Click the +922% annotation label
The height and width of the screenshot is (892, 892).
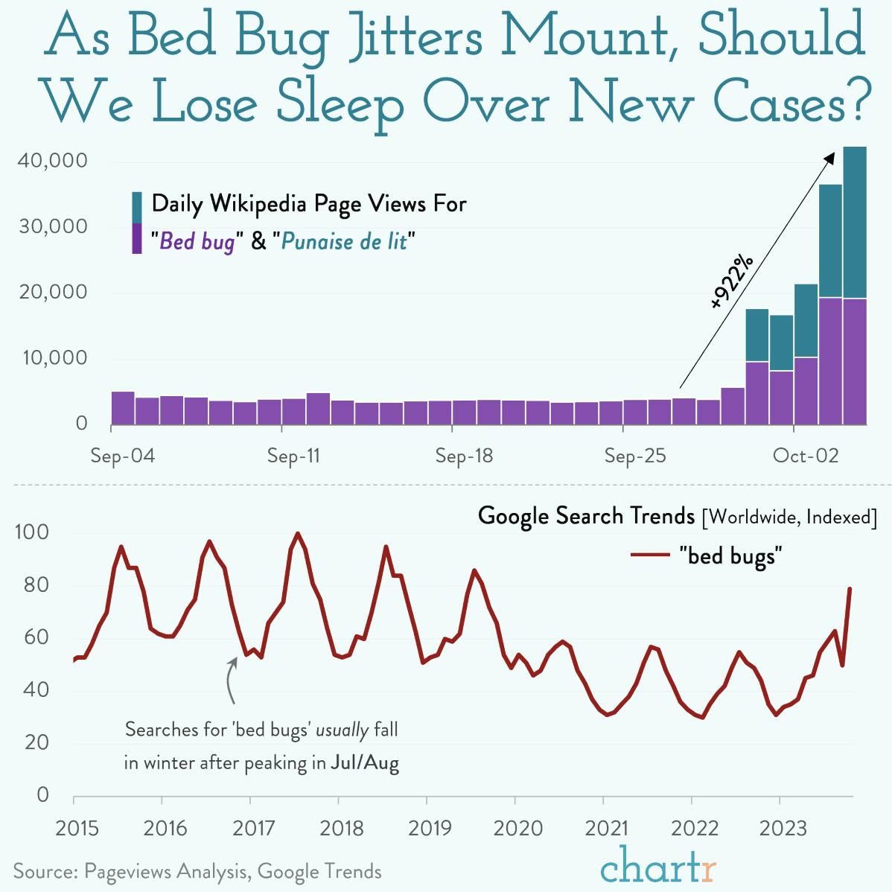[731, 281]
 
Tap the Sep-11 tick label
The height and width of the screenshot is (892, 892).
[293, 456]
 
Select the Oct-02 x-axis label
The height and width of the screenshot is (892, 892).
[806, 456]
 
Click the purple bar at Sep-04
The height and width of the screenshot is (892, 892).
[123, 407]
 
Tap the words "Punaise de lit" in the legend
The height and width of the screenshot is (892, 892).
[344, 241]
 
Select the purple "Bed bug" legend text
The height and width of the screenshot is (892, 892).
[197, 241]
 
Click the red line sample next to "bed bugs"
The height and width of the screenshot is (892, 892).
[651, 555]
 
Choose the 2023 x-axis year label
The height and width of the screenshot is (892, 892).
[780, 828]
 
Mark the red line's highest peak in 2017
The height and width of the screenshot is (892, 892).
[298, 533]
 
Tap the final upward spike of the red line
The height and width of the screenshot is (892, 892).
[850, 589]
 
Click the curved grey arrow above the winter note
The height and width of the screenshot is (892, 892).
[231, 680]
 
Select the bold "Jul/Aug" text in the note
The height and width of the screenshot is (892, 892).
[365, 763]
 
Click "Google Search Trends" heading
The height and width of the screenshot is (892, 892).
[586, 515]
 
